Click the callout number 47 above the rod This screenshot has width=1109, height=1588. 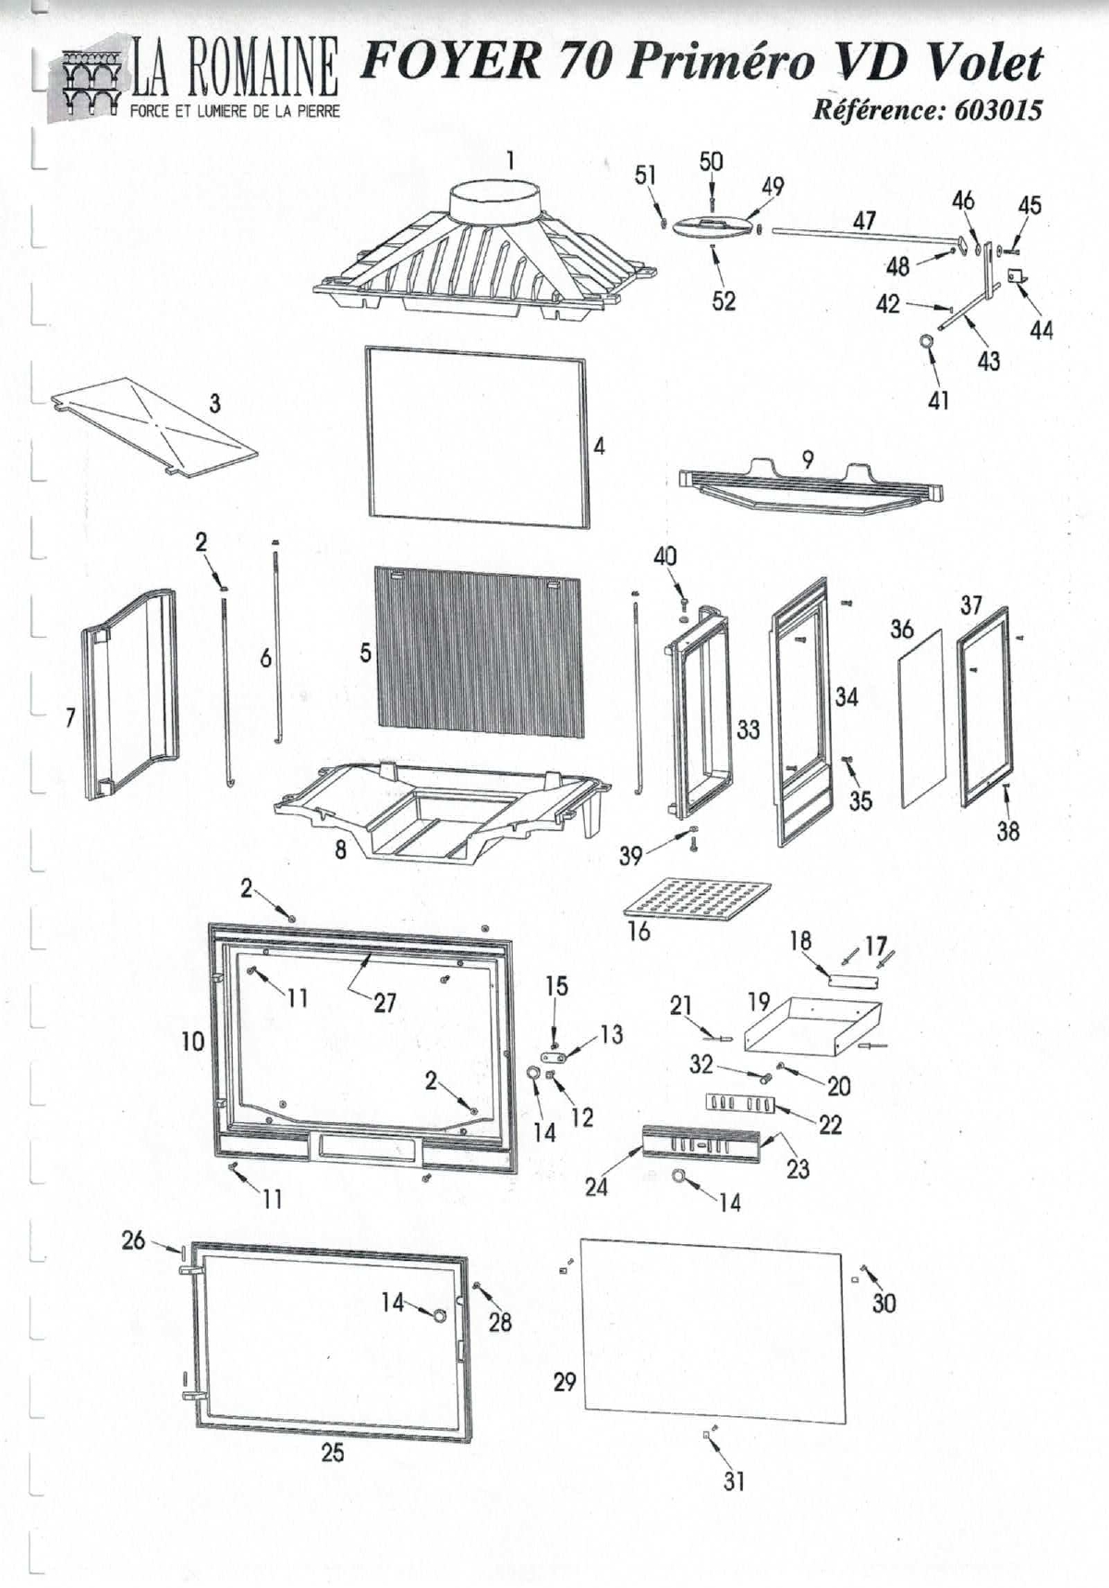pos(864,220)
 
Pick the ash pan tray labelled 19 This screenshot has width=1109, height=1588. pos(812,1024)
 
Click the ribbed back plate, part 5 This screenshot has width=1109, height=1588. pos(479,651)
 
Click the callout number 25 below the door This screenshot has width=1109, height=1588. pos(333,1452)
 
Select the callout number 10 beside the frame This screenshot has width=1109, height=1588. pos(192,1042)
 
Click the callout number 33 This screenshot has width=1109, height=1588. pos(748,729)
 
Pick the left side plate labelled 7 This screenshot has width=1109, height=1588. pos(129,693)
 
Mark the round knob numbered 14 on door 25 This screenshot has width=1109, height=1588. pos(440,1314)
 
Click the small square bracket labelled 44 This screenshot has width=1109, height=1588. pos(1016,276)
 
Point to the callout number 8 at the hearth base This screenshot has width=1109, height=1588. pos(340,850)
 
